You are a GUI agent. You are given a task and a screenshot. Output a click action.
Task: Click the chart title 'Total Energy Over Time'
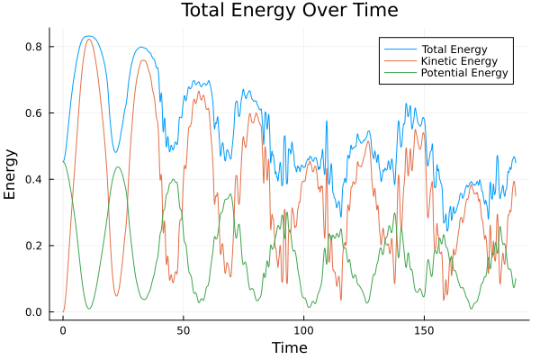tap(274, 11)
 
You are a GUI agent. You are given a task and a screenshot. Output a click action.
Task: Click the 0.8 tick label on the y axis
tap(35, 47)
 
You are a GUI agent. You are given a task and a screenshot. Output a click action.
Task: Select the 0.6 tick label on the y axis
tap(35, 113)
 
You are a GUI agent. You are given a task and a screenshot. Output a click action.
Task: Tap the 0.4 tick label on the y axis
tap(35, 179)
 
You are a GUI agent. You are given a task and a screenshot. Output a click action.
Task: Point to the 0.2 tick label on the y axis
tap(35, 246)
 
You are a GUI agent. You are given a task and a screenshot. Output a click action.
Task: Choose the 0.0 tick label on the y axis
tap(35, 312)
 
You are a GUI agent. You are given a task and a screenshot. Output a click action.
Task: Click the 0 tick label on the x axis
tap(63, 330)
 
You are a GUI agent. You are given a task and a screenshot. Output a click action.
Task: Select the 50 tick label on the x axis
tap(184, 330)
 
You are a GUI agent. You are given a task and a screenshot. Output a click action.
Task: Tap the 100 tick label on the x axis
tap(304, 330)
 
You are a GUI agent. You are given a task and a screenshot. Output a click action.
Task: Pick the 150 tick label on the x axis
tap(425, 330)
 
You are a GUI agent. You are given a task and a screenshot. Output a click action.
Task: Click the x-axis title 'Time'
tap(289, 347)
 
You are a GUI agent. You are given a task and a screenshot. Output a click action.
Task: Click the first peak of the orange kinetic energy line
tap(88, 39)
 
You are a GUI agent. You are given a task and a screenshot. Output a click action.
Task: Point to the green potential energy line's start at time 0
tap(63, 162)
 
